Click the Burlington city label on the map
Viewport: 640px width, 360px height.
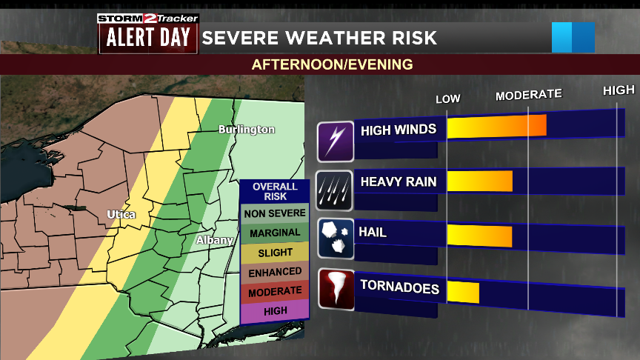tap(246, 130)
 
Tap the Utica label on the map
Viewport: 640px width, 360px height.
tap(121, 215)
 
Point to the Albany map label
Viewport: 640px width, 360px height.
tap(215, 240)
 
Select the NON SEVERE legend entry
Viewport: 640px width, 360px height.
tap(274, 213)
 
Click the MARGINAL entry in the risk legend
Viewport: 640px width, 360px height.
tap(274, 233)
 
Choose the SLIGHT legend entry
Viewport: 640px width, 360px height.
tap(274, 253)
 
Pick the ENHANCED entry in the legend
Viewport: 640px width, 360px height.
tap(274, 272)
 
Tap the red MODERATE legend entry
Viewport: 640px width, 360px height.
tap(274, 292)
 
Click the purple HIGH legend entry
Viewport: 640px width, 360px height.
tap(274, 311)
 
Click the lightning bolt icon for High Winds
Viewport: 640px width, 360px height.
tap(336, 141)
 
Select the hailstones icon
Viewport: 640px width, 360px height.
tap(336, 239)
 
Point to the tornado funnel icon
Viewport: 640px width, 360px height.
tap(336, 290)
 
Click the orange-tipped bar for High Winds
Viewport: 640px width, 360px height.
tap(496, 127)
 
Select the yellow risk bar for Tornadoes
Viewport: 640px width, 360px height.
tap(463, 292)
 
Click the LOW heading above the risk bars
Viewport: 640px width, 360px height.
tap(447, 99)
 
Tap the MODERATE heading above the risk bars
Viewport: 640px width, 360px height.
tap(528, 95)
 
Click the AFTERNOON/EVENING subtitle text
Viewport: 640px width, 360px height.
tap(332, 64)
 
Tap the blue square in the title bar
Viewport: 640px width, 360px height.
tap(573, 38)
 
